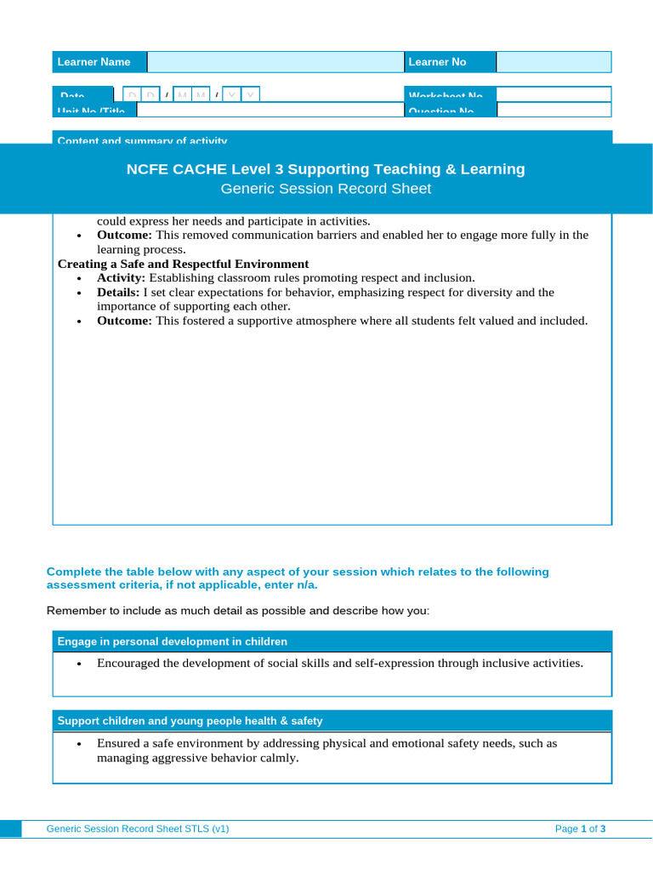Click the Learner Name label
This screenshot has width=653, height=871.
point(94,62)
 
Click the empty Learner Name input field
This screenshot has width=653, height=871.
point(275,62)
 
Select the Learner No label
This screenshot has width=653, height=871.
point(437,62)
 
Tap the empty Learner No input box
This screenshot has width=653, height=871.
point(553,62)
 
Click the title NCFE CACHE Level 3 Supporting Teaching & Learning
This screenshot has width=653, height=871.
point(326,169)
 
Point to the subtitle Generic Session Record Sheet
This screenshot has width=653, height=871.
point(326,189)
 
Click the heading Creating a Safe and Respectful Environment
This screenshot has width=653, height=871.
point(183,264)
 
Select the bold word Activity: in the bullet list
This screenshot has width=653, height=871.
point(121,278)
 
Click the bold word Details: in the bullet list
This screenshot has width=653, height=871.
point(118,293)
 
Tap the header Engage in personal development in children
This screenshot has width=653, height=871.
point(172,641)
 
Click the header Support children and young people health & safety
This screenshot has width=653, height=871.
point(190,720)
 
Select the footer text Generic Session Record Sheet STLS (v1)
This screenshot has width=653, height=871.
point(137,828)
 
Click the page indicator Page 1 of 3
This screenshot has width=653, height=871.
point(580,828)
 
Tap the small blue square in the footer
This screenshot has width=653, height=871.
point(11,828)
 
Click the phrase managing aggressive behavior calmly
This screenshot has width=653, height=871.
point(197,758)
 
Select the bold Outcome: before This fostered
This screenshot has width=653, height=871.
point(124,321)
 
